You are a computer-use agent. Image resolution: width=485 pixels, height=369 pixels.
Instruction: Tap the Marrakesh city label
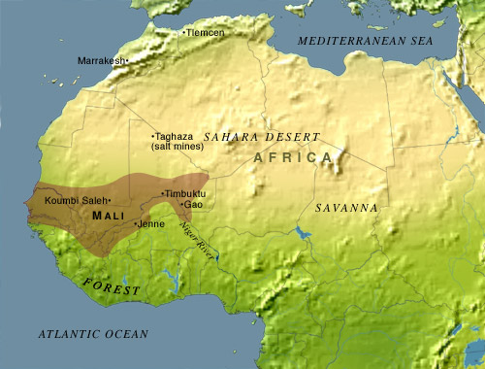point(101,60)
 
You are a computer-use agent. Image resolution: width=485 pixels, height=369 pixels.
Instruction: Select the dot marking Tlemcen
point(184,33)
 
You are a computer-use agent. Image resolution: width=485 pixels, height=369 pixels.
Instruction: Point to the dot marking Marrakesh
point(127,60)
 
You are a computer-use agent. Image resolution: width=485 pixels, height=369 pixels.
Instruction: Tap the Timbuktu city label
point(187,193)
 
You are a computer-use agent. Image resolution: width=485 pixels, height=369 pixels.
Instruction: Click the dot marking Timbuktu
point(162,193)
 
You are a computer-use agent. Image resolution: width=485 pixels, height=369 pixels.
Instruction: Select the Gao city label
point(194,205)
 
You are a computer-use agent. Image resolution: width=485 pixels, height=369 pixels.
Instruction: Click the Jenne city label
point(151,223)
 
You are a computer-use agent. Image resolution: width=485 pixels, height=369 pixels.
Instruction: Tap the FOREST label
point(111,286)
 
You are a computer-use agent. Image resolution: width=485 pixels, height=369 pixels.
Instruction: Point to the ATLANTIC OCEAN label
point(92,333)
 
